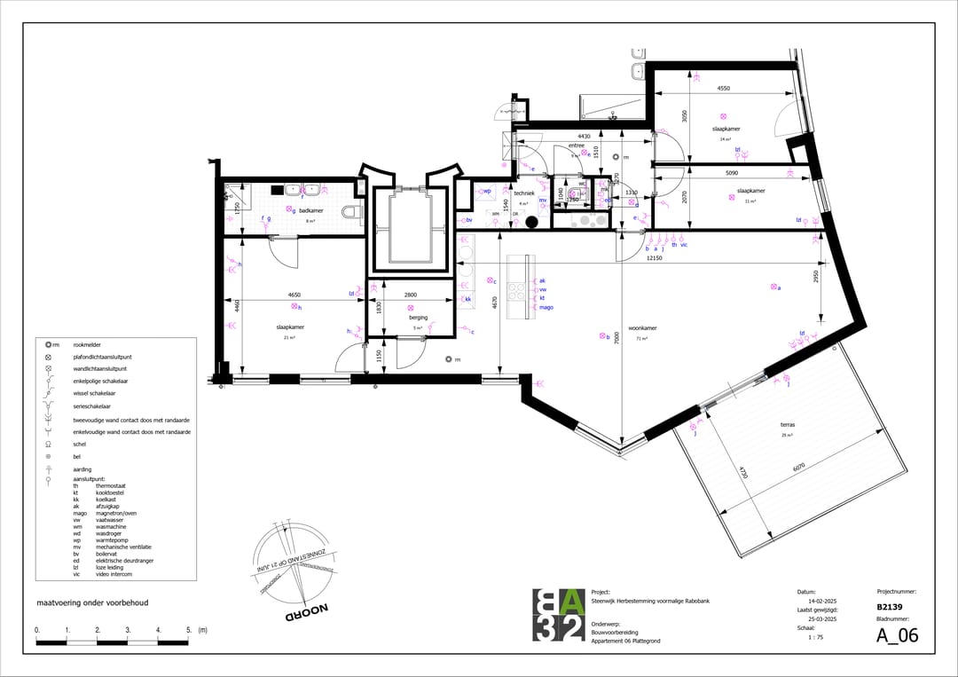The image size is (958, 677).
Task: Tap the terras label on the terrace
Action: pos(786,424)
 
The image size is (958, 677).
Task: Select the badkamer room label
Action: pos(310,210)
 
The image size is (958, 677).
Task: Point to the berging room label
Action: pos(419,317)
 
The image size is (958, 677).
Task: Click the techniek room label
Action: pos(523,193)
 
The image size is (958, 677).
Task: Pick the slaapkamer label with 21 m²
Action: pos(290,327)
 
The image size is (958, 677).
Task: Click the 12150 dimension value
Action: pos(654,258)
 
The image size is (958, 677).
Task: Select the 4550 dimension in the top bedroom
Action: pos(723,89)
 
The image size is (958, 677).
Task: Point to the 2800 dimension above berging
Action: pos(411,294)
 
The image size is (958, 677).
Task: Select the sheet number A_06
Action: pos(897,635)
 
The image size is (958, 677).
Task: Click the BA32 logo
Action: pos(559,615)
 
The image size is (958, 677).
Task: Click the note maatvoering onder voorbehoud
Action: pos(91,602)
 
